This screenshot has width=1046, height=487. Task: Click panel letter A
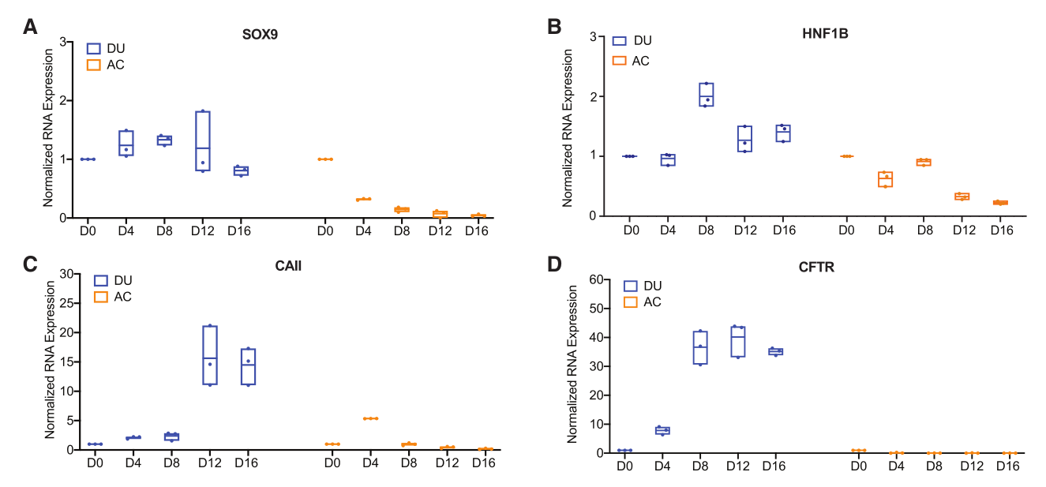(x=30, y=27)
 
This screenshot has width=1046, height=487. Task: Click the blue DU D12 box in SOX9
(x=202, y=140)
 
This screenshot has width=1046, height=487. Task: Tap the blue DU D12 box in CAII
(x=209, y=355)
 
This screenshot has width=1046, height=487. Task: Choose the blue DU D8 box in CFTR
(x=699, y=347)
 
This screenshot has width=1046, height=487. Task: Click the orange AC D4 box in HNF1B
(x=885, y=179)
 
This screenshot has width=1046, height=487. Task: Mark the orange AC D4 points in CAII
(x=369, y=418)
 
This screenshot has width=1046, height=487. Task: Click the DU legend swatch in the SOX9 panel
(x=93, y=48)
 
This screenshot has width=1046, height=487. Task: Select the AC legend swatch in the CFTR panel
(x=629, y=302)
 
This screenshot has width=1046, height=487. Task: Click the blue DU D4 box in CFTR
(x=663, y=430)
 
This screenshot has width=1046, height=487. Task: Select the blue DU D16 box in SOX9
(x=241, y=170)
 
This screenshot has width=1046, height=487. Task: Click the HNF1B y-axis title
(x=568, y=127)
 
